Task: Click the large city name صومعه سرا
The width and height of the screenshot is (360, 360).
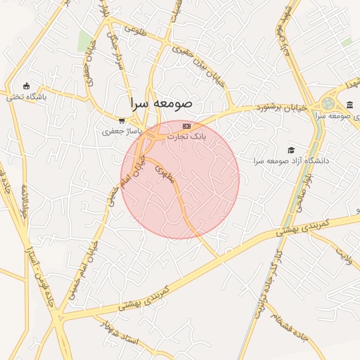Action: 160,103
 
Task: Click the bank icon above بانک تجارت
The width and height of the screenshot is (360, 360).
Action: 186,126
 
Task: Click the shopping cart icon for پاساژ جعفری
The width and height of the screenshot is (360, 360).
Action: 122,120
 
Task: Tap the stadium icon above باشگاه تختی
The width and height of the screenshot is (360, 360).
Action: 27,86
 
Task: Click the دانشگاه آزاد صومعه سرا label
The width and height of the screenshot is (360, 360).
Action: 292,161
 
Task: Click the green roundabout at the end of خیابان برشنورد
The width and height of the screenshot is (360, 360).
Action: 328,103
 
